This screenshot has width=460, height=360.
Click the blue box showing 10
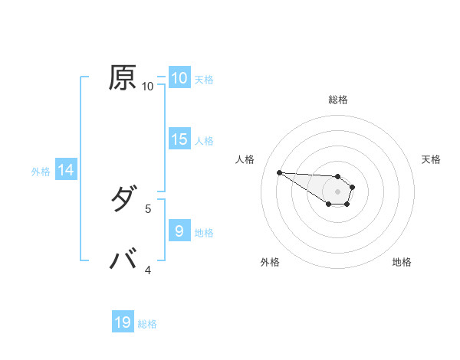[179, 78]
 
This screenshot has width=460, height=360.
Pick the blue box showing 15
[179, 139]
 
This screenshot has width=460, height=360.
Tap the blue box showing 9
[179, 231]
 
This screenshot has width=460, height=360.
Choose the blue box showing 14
[66, 170]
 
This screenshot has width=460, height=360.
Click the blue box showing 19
[123, 322]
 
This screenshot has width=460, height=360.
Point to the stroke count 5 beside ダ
[148, 208]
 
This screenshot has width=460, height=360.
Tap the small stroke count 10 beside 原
[148, 86]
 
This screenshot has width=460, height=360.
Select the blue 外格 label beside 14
[41, 172]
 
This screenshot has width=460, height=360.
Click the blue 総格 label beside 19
[147, 324]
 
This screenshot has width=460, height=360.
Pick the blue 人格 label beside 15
[204, 141]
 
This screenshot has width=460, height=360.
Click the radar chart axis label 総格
[338, 100]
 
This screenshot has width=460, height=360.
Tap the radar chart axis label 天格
[431, 159]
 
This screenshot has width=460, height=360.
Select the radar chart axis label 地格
[402, 262]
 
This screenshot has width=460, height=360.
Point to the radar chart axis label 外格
[270, 262]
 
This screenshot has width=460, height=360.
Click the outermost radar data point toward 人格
[279, 172]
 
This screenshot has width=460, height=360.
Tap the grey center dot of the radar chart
[337, 191]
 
